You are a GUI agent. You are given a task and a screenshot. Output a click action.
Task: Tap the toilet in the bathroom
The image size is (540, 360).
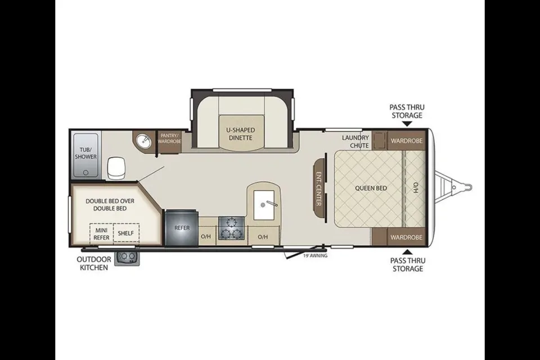[x=115, y=168]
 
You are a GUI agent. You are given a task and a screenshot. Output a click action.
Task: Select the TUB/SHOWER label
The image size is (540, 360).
[x=85, y=152]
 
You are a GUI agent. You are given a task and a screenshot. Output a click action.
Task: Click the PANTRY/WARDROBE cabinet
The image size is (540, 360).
[x=169, y=142]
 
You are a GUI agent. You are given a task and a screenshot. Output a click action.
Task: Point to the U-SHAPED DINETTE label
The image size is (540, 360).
[x=241, y=134]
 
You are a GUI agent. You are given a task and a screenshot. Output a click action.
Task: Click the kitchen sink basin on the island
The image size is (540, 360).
[x=264, y=205]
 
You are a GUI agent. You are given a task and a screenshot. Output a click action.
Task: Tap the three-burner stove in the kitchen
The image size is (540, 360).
[x=231, y=228]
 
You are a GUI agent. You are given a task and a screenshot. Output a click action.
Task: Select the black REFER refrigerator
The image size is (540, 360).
[x=182, y=228]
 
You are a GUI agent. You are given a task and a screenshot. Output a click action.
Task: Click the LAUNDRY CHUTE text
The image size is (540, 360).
[x=355, y=141]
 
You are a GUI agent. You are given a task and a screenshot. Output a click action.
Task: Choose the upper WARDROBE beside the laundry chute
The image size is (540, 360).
[x=406, y=141]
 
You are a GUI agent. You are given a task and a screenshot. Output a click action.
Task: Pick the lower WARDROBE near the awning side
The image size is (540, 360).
[x=406, y=237]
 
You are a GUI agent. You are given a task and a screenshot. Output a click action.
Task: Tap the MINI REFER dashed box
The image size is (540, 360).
[x=101, y=233]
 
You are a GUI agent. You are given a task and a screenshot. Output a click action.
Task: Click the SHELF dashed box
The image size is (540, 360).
[x=125, y=233]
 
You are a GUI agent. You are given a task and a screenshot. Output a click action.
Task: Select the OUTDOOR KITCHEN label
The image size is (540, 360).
[x=94, y=263]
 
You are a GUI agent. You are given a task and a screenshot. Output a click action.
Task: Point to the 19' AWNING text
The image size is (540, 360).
[x=315, y=256]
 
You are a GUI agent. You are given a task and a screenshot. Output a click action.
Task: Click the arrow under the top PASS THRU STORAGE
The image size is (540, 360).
[x=407, y=123]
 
